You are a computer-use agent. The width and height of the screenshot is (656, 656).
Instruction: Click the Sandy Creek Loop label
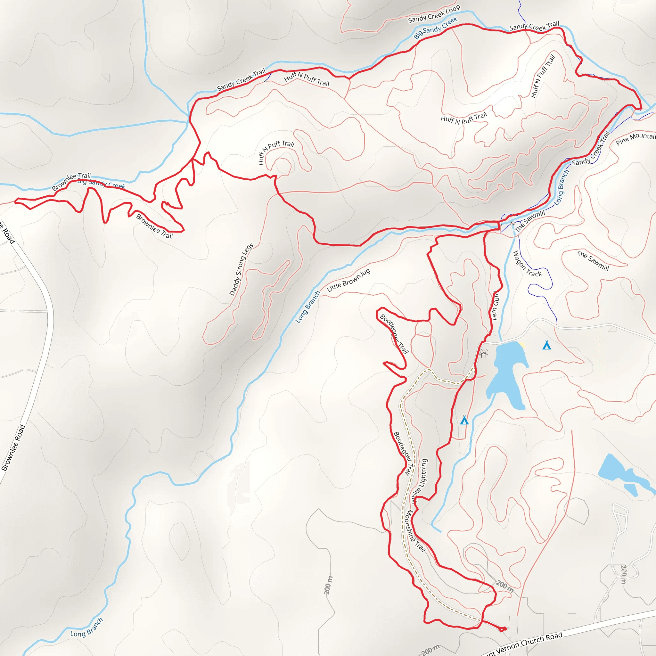pos(434,14)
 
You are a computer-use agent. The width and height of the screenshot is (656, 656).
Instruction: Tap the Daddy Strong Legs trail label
pos(241,270)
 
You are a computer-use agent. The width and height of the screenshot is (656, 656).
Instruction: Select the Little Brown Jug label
pos(348,281)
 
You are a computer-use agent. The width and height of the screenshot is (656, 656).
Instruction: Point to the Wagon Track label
pos(527,264)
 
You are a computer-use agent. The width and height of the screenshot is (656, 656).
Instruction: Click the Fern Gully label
pos(496,306)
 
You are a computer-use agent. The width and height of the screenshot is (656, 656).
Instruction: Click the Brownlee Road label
pos(13,448)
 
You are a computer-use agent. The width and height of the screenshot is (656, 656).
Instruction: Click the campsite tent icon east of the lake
pos(546,345)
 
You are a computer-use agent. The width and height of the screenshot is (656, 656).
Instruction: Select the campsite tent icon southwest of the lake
pos(464,420)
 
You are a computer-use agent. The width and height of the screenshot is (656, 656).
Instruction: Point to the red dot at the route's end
pos(504,629)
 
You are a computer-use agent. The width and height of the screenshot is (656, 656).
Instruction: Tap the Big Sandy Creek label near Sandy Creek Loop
pos(435,28)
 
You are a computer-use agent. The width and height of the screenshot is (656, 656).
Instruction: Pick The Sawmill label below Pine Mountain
pos(593,261)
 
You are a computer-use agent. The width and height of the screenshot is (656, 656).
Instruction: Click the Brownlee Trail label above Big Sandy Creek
pos(71,181)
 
